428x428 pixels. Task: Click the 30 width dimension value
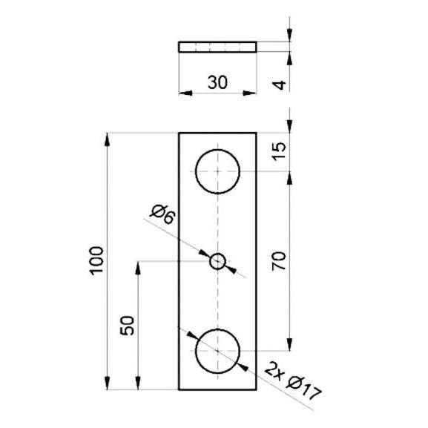click(217, 82)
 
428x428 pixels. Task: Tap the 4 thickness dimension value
click(280, 85)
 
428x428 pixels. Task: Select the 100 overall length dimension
click(97, 261)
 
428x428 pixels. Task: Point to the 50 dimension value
click(128, 326)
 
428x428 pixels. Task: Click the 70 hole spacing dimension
click(279, 261)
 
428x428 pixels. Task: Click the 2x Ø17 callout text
click(293, 381)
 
